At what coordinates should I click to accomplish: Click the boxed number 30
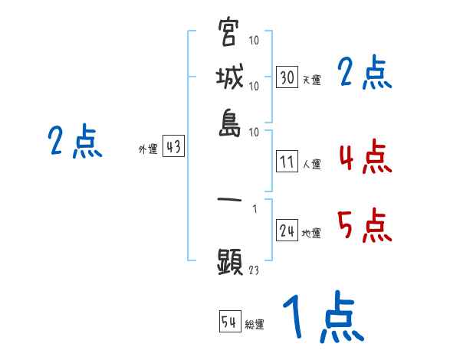coord(287,77)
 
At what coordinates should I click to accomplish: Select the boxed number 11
coord(287,162)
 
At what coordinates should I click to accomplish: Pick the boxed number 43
coord(174,148)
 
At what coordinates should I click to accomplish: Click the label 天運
coord(311,80)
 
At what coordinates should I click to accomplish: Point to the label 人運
coord(311,164)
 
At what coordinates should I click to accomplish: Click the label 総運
coord(255,324)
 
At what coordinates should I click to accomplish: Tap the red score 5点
coord(364,227)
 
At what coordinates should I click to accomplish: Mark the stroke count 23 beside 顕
coord(253,270)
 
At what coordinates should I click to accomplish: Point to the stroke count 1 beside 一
coord(254,208)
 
